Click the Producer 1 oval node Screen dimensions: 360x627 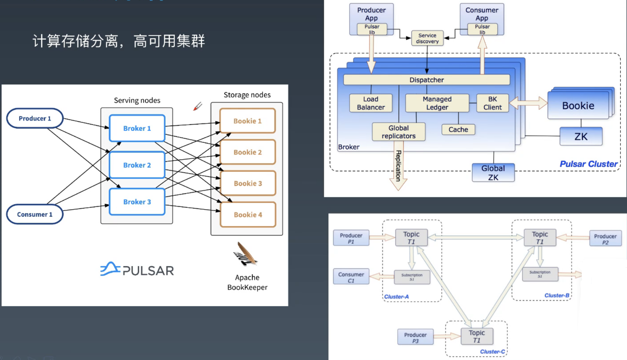tap(35, 118)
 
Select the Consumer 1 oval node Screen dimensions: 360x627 tap(35, 214)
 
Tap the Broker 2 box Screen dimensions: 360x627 tap(137, 165)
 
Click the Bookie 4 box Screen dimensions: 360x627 tap(248, 215)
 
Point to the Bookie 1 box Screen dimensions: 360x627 tap(247, 121)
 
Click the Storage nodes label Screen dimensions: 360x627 tap(247, 95)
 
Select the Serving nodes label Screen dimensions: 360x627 tap(137, 100)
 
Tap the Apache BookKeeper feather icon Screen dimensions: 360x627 tap(245, 254)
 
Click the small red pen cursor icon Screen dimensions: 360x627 tap(198, 106)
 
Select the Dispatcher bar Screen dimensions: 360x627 tap(426, 80)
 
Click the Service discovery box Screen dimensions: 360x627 tap(427, 38)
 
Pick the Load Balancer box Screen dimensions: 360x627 tap(371, 103)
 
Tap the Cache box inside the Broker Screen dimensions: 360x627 tap(458, 130)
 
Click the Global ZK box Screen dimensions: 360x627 tap(493, 173)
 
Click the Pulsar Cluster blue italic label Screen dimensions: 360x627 tap(588, 164)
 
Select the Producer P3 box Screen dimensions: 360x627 tap(415, 337)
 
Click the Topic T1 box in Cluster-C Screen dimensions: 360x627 tap(477, 336)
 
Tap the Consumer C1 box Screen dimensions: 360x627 tap(351, 277)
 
